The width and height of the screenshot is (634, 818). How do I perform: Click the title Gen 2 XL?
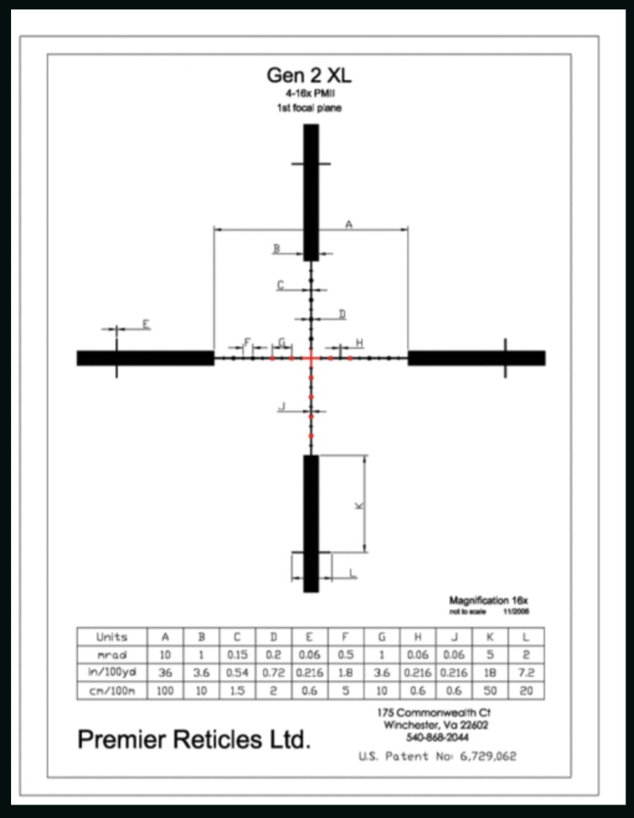pos(309,75)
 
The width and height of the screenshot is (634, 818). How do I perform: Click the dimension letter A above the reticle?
pos(348,224)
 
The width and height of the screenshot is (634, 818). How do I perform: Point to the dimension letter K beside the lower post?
pos(359,505)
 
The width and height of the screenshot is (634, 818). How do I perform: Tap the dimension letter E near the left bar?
pos(146,324)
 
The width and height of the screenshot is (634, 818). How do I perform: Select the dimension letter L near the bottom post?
pos(353,574)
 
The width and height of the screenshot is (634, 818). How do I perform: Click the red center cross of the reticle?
pos(311,358)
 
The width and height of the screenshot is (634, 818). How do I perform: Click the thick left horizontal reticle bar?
pos(145,358)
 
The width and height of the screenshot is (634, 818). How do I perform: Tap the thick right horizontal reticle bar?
pos(477,358)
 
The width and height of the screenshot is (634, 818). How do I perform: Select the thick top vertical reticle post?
pos(311,193)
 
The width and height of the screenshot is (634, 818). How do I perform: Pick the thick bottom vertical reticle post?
pos(311,524)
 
